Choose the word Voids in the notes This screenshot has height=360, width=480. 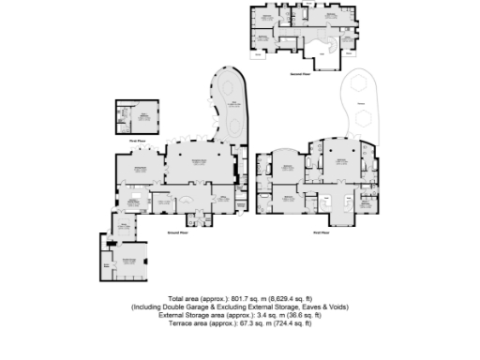338,307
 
